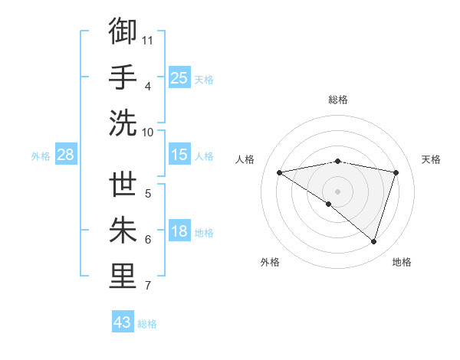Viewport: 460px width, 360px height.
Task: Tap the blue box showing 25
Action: point(179,77)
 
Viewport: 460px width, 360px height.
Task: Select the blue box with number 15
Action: point(179,155)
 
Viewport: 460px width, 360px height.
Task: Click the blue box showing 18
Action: point(179,231)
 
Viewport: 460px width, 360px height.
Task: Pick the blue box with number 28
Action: point(65,155)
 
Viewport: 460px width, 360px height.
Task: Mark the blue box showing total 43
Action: point(123,322)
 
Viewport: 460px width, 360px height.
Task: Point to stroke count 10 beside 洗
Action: point(148,132)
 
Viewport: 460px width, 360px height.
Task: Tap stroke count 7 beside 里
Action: point(148,286)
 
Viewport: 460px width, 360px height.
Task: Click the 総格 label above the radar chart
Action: point(338,100)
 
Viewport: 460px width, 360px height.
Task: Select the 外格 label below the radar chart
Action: point(270,262)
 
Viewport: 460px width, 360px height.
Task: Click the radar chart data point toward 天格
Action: point(396,172)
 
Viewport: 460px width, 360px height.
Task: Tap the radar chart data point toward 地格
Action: point(373,241)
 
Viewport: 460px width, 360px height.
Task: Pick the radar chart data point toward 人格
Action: point(279,172)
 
